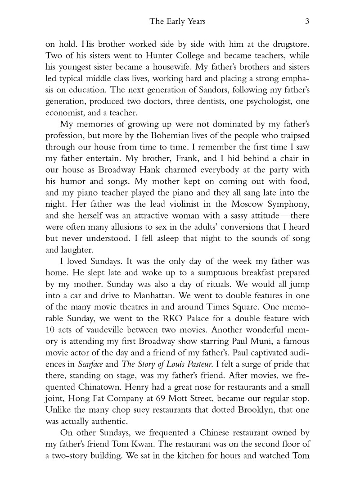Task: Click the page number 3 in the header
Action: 306,21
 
